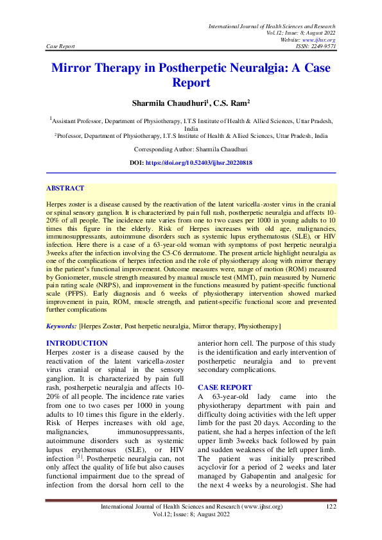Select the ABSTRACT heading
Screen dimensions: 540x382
65,189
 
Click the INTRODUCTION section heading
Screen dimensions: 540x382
77,344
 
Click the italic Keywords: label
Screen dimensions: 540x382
62,326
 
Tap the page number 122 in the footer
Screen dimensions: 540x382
331,507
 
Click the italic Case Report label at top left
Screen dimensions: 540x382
61,47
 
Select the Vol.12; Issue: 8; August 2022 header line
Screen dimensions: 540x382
300,33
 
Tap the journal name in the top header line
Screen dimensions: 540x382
272,26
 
